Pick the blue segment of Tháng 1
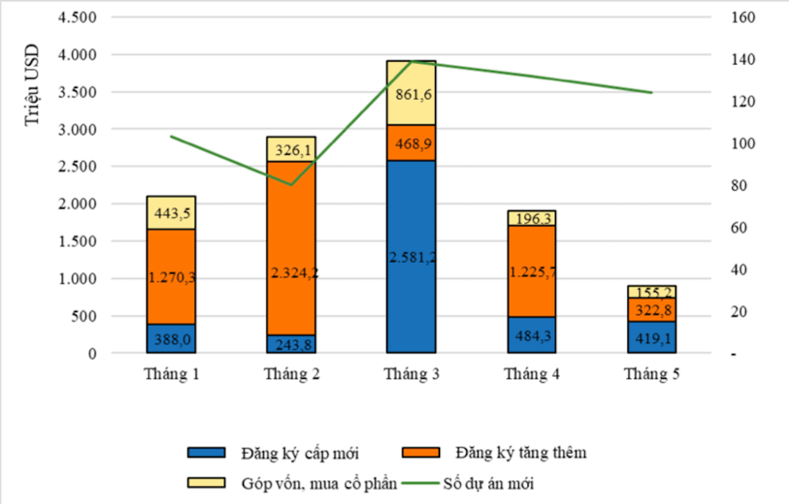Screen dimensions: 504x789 tap(171, 338)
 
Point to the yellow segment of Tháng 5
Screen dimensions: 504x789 tap(650, 292)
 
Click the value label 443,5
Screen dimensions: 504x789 tap(171, 213)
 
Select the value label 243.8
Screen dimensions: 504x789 tap(291, 344)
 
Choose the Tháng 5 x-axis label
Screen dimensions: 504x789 tap(650, 375)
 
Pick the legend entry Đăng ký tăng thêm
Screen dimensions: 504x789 tap(521, 453)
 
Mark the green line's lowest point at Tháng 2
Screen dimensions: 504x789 tap(291, 185)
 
